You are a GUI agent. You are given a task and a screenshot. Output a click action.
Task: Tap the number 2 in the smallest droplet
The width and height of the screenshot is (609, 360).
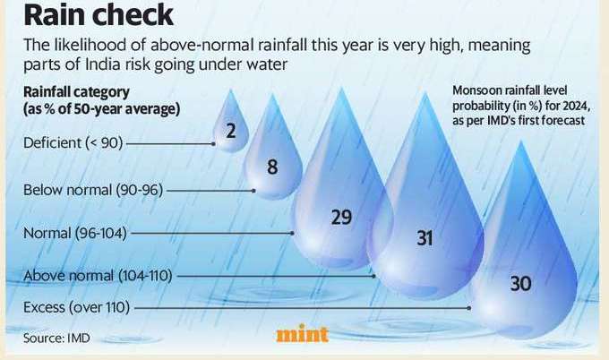[x=231, y=133]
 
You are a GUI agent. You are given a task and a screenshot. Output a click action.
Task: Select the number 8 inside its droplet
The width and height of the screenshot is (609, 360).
[x=272, y=167]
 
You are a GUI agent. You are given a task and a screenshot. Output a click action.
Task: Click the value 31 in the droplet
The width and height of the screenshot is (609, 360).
[x=425, y=237]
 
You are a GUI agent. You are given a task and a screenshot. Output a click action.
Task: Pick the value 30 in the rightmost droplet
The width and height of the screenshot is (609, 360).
[x=520, y=283]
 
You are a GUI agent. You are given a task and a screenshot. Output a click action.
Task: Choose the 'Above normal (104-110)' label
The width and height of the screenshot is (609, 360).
[x=97, y=275]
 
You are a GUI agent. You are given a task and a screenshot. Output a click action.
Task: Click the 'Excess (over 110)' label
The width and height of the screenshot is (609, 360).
[x=77, y=307]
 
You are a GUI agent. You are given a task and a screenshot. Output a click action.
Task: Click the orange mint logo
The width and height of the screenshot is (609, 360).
[x=302, y=334]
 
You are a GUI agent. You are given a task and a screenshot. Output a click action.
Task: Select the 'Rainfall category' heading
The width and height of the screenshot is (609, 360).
[x=77, y=92]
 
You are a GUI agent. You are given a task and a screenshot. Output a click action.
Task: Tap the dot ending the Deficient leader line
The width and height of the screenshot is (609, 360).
[x=212, y=143]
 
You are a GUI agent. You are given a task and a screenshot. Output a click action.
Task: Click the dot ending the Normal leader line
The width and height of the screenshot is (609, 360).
[x=293, y=233]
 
